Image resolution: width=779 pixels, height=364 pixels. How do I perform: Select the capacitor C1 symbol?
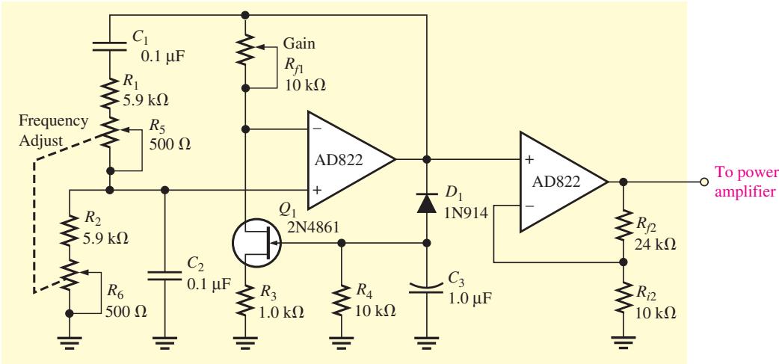pos(110,46)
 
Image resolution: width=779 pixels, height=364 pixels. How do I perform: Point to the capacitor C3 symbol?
pos(427,288)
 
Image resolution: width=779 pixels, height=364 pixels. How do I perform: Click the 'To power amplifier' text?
pos(746,182)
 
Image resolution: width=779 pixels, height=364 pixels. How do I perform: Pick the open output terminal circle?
pos(703,182)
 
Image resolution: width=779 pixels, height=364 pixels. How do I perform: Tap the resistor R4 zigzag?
pos(341,300)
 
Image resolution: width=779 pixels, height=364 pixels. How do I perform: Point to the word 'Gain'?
pos(298,43)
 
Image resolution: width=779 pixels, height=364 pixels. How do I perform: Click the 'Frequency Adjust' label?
pos(54,131)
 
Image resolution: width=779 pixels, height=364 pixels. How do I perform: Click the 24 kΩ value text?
pos(655,244)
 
